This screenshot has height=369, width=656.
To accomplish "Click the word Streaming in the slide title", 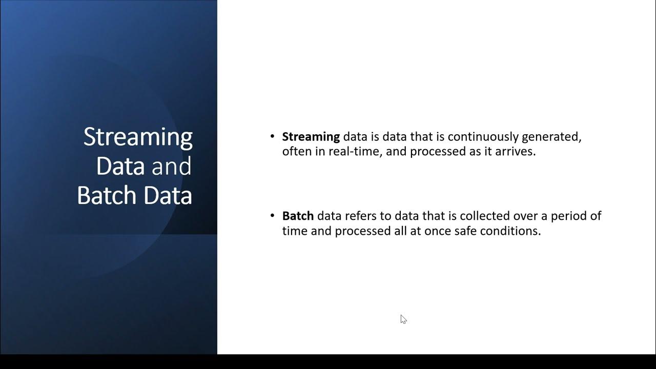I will click(138, 137).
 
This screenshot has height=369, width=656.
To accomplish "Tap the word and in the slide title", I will click(171, 167).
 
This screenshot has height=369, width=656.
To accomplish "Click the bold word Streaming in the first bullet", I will click(311, 137).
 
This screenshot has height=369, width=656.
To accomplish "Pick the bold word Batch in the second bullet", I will click(298, 216).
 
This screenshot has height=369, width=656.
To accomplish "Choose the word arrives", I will click(516, 152).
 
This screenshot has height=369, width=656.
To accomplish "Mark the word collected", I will click(471, 216).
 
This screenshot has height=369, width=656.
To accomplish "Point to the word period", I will click(568, 216).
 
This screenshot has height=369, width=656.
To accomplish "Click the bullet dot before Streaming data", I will click(272, 137).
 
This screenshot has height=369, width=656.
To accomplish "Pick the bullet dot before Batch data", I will click(272, 216).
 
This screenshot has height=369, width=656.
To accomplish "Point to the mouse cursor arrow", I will click(403, 319).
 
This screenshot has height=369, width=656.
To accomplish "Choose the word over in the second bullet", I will click(513, 216).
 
